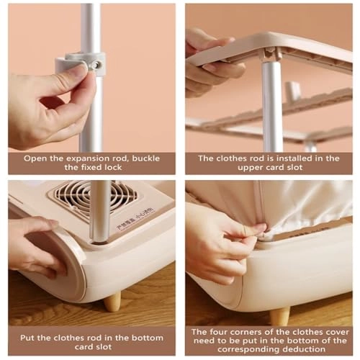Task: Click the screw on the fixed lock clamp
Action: pos(94,65)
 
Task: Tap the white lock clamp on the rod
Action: pos(81,64)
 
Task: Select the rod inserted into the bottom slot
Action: pos(100,212)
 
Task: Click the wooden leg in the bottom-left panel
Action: pos(112,301)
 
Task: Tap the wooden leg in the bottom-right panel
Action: pos(279,315)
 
